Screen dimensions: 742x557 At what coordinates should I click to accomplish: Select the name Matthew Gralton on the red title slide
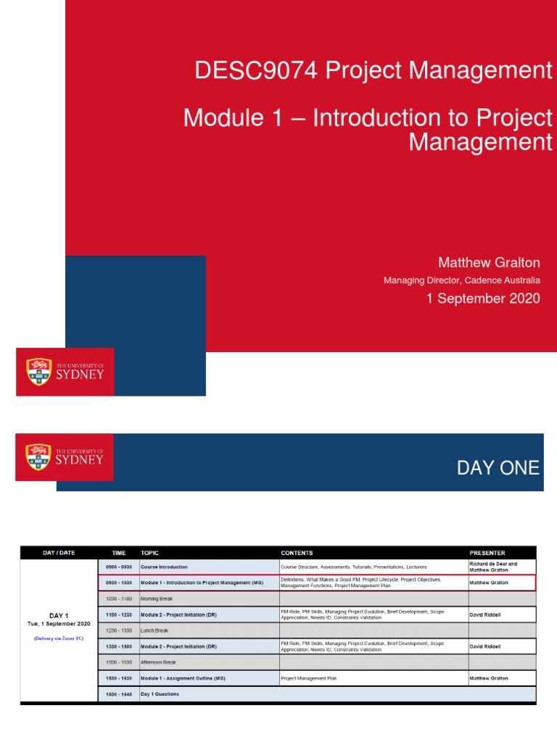click(490, 262)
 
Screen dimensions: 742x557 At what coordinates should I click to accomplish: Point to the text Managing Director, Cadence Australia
click(461, 280)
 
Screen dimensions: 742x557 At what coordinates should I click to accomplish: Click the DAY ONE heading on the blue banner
click(498, 468)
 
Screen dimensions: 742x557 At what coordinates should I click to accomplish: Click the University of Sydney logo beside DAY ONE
click(65, 457)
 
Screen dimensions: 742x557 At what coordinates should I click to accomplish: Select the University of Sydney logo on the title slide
click(65, 372)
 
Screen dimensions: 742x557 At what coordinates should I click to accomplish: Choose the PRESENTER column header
click(487, 553)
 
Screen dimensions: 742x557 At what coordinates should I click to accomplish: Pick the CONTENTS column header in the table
click(297, 553)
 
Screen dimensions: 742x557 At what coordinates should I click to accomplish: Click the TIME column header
click(118, 553)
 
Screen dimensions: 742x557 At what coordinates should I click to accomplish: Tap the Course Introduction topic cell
click(164, 567)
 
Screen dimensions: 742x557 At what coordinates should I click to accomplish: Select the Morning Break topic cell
click(157, 599)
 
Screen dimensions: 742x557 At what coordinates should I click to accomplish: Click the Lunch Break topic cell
click(154, 630)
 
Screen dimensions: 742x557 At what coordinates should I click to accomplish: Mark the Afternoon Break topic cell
click(158, 662)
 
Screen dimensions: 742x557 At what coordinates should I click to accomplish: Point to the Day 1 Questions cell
click(160, 694)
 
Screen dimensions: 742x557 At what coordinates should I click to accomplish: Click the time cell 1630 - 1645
click(118, 694)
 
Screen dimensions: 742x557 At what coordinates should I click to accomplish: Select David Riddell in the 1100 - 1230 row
click(490, 614)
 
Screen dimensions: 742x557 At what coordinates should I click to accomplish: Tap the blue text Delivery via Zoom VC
click(59, 638)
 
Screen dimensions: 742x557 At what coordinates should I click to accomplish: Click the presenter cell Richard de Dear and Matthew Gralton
click(493, 567)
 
